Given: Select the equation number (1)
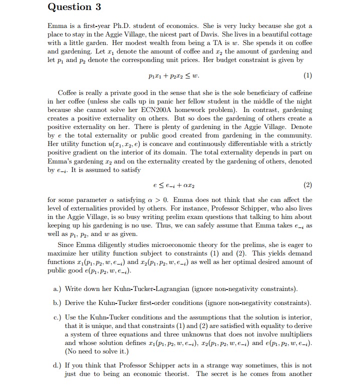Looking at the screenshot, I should click(307, 76).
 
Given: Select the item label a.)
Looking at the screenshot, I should click(57, 289).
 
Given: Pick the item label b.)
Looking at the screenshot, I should click(57, 303).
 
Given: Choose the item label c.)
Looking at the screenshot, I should click(57, 317).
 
